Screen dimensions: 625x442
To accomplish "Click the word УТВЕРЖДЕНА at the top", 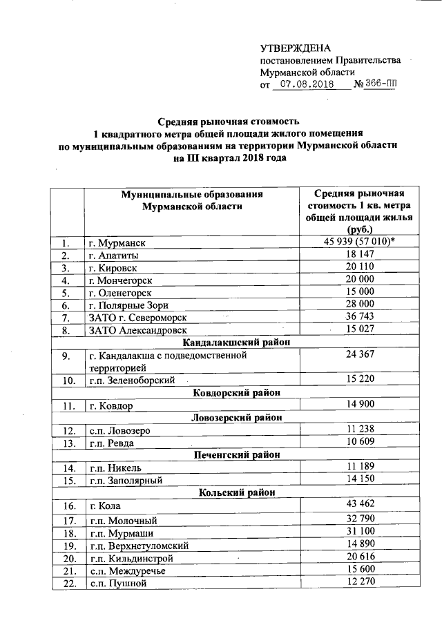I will (296, 48).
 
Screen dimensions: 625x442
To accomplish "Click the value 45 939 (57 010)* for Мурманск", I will (360, 242).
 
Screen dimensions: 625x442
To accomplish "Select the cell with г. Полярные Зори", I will (131, 305).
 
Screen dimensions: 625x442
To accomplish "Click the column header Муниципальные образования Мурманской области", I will (192, 200).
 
